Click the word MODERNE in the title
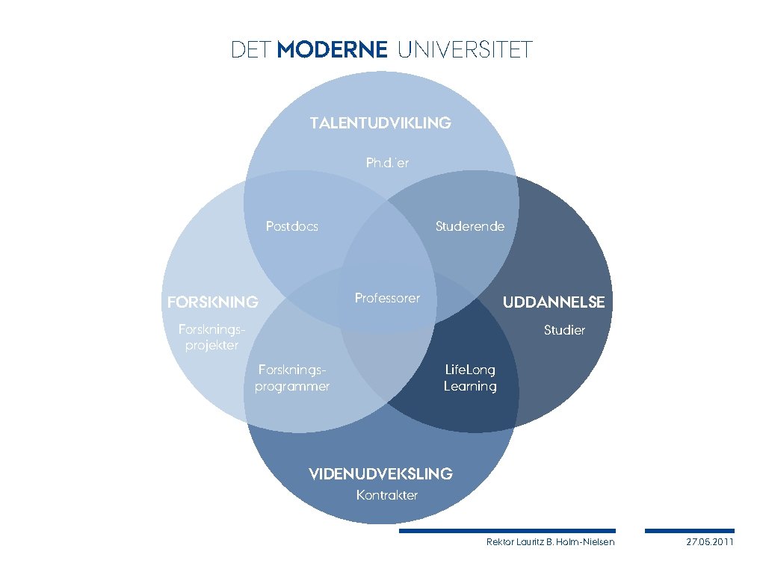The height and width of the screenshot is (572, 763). [x=332, y=50]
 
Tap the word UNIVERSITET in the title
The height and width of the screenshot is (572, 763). [x=465, y=50]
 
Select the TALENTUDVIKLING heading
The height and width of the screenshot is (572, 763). [x=380, y=122]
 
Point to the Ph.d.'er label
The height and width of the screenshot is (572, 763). [x=387, y=162]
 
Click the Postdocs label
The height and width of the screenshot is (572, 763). [x=291, y=226]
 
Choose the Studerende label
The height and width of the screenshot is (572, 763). [x=469, y=226]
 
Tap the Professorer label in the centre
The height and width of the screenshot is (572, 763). [x=387, y=298]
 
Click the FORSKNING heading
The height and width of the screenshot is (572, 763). [x=213, y=302]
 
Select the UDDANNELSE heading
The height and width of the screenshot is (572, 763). [x=553, y=302]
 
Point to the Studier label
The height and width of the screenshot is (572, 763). [x=564, y=330]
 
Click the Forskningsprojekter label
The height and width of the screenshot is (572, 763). [x=211, y=336]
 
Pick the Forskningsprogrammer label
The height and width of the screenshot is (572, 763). [x=292, y=377]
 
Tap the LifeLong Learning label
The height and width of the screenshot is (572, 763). [x=470, y=378]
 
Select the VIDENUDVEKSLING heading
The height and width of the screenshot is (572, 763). [x=380, y=473]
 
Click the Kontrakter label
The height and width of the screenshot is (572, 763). [x=387, y=495]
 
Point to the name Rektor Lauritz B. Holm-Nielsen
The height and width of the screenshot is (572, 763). [x=550, y=541]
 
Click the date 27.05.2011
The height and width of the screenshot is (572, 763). [x=710, y=541]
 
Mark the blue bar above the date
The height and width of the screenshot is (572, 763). [x=689, y=531]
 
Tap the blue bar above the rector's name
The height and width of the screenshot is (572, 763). [x=507, y=531]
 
